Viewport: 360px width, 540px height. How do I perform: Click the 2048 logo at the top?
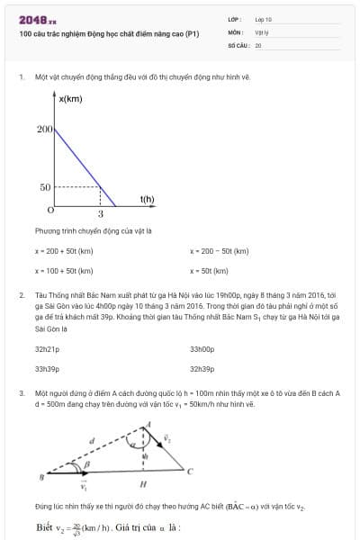(x=38, y=20)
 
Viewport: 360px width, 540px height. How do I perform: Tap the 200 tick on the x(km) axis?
(x=45, y=130)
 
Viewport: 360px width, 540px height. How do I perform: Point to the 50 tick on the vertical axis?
(x=45, y=187)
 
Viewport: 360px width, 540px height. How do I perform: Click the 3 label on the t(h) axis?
(x=100, y=214)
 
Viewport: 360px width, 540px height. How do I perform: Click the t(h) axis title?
(x=147, y=198)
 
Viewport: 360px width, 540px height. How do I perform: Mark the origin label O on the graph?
(x=50, y=209)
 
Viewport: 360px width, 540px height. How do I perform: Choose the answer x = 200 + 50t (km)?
(x=64, y=251)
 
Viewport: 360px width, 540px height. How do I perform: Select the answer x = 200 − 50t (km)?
(x=220, y=251)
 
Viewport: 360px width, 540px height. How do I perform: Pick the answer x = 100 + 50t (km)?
(x=64, y=270)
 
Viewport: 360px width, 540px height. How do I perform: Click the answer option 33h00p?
(x=202, y=348)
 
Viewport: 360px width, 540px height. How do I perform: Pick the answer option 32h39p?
(x=202, y=368)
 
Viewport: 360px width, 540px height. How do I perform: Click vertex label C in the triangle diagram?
(x=189, y=470)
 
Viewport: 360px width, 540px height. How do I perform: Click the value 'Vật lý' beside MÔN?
(x=263, y=31)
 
